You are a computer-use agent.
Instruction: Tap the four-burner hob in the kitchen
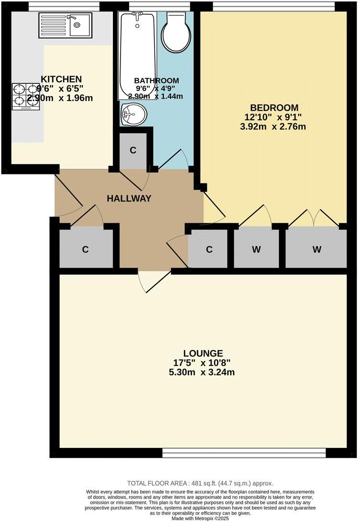coord(26,96)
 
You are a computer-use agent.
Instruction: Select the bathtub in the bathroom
coord(137,55)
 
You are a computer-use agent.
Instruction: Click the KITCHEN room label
coord(61,79)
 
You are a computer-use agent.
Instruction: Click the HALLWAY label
coord(129,198)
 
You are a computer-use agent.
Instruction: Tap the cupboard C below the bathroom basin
coord(133,150)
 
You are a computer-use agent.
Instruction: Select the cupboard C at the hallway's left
coord(85,250)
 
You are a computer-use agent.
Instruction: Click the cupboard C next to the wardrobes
coord(209,250)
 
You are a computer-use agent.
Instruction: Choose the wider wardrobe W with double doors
coord(316,250)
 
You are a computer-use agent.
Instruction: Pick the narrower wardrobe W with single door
coord(256,250)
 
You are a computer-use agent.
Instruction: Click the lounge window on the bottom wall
coord(244,452)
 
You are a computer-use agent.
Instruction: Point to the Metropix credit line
coord(200,518)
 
